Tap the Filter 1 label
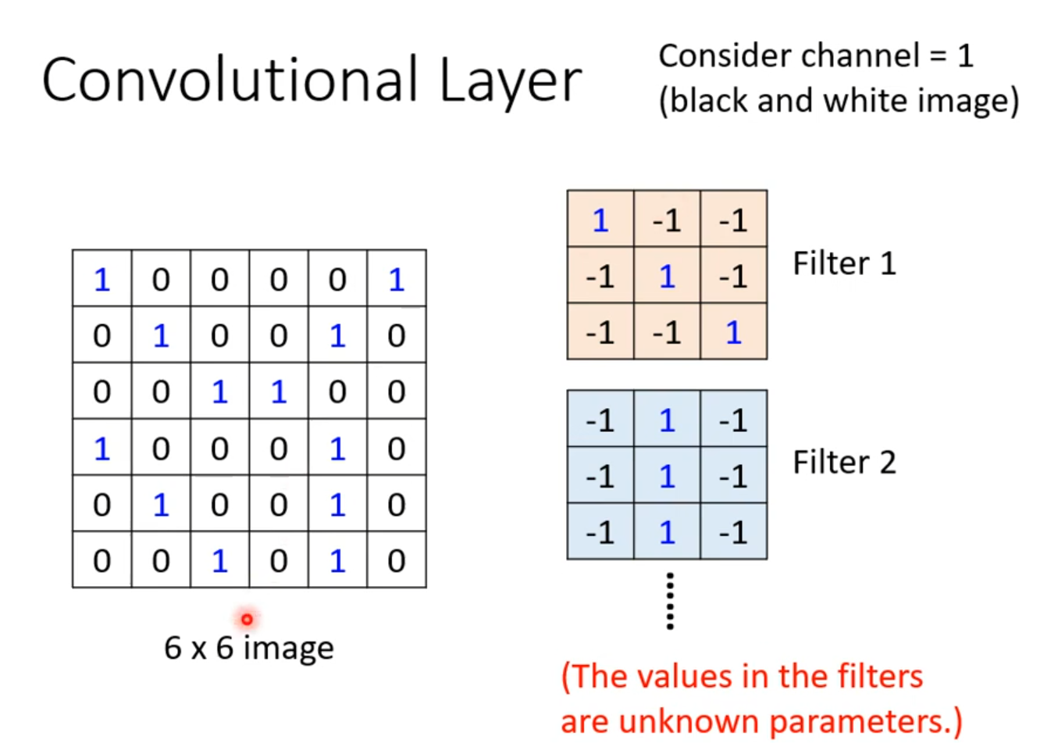click(844, 263)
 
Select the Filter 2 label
click(844, 463)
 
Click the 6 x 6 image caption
click(249, 648)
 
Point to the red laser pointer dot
click(247, 620)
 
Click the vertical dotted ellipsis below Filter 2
click(670, 601)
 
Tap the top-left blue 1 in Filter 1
click(600, 220)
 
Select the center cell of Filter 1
click(667, 277)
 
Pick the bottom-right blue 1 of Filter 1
click(733, 333)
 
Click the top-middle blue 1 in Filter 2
click(667, 420)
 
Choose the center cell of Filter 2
click(667, 477)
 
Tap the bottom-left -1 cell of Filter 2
click(600, 533)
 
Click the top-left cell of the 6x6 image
click(102, 279)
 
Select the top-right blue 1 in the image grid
click(397, 279)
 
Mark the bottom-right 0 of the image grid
click(397, 560)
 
